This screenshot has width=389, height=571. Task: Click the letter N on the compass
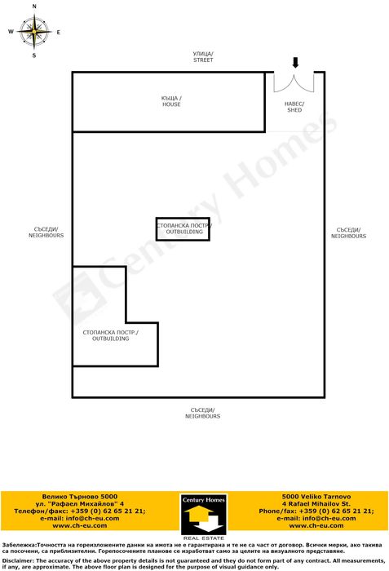34,6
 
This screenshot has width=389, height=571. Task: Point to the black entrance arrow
295,63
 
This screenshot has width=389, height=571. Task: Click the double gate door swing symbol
294,82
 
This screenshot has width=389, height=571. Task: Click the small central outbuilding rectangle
183,229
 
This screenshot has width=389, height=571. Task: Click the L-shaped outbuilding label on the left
111,335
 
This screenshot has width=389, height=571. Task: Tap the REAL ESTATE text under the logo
202,538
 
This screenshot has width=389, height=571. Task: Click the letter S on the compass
34,56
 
